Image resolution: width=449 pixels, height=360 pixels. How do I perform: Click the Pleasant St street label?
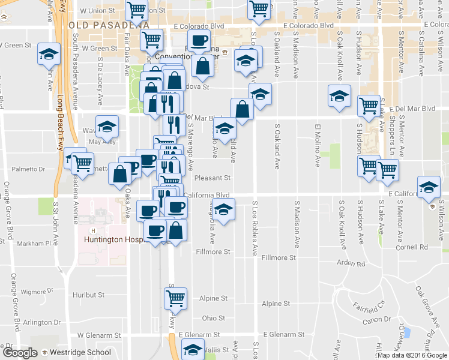coord(212,178)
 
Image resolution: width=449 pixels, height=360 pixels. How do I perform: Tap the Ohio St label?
coord(213,318)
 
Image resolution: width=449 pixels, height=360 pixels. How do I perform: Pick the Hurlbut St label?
coord(88,295)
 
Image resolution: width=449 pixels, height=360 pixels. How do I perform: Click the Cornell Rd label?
coord(411,247)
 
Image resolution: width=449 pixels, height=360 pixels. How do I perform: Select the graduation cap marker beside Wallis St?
coord(193,350)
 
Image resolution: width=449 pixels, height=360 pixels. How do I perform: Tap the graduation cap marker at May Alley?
coord(107,126)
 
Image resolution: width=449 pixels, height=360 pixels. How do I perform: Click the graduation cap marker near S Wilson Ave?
coord(429,187)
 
